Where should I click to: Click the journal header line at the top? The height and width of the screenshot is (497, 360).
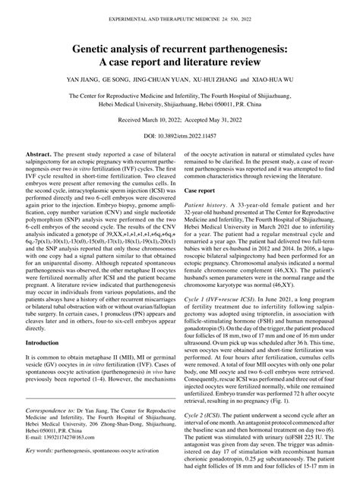tap(180, 17)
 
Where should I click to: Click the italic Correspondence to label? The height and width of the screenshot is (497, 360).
tap(46, 431)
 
